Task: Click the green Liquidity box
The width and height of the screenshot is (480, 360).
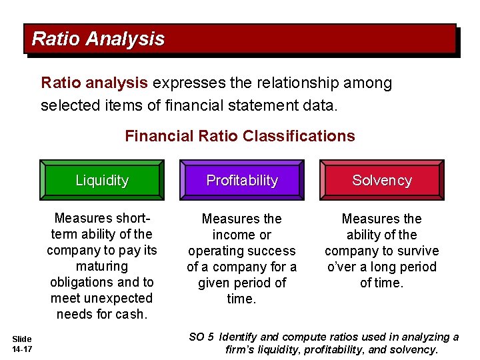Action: coord(101,180)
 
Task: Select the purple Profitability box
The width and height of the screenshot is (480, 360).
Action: coord(242,180)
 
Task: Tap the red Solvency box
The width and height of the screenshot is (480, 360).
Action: coord(382,180)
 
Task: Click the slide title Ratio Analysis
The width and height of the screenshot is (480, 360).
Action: coord(98,39)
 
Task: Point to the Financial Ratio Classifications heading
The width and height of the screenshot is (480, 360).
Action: coord(240,136)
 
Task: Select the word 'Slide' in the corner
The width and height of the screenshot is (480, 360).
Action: coord(21,339)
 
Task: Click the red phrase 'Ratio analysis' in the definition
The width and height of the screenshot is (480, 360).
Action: coord(94,83)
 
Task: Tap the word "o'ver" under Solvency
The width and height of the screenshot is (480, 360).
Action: coord(342,267)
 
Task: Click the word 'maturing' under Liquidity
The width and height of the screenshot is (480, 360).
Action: coord(102,266)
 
